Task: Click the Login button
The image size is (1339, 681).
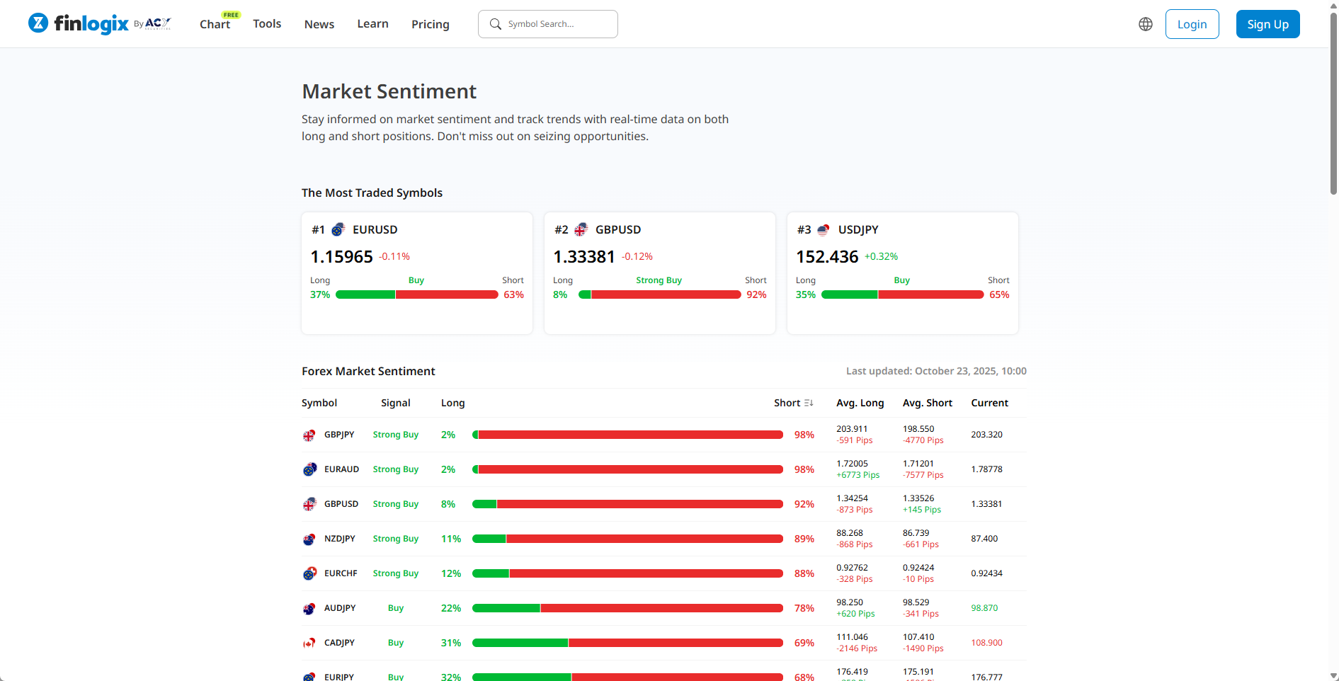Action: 1192,24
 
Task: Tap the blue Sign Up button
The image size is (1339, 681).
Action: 1267,24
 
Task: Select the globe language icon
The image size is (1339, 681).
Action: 1145,24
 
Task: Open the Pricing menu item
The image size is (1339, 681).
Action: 430,24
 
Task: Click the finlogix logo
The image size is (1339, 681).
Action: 91,23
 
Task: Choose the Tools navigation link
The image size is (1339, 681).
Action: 267,24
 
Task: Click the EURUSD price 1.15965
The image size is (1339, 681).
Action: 341,257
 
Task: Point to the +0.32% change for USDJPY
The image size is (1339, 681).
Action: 881,257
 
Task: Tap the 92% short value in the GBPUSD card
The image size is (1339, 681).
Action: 756,294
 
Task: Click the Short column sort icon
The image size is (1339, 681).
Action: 809,403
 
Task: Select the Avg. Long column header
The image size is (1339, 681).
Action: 860,403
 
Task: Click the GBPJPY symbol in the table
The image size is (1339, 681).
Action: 339,435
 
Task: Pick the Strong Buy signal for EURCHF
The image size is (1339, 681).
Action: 395,573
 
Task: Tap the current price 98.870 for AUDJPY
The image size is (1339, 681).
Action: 984,608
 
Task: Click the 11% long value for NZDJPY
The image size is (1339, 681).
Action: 450,539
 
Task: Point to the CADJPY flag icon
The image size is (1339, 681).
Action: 309,643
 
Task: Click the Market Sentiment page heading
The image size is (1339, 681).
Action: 389,91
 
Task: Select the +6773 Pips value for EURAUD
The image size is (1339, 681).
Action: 857,475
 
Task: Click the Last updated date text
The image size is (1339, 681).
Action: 936,371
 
